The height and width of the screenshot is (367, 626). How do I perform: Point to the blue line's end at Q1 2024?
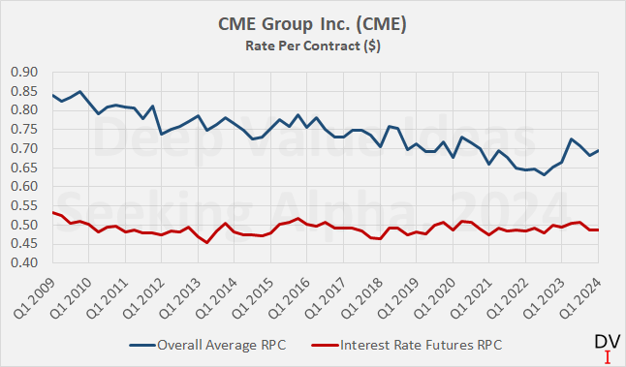597,151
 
